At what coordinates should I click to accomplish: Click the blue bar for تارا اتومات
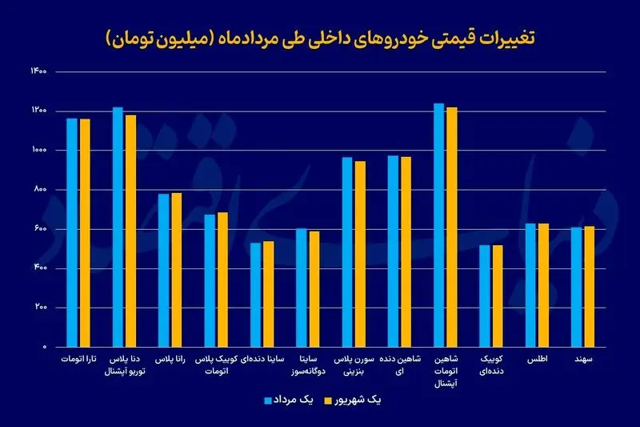72,232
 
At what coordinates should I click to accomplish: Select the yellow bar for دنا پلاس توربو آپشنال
130,231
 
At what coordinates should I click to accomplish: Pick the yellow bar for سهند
589,286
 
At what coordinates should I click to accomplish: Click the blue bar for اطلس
530,284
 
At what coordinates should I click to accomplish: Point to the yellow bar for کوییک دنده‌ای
498,296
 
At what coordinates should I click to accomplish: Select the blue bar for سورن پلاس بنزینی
347,252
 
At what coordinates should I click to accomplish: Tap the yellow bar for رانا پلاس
176,269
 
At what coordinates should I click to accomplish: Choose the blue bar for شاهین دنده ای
393,251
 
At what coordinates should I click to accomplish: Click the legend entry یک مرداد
289,398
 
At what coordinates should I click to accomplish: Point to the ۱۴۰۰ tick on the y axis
39,72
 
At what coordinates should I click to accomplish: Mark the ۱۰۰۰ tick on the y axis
39,151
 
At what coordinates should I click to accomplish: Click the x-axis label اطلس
536,361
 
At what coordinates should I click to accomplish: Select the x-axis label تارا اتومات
78,361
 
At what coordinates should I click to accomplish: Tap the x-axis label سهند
582,361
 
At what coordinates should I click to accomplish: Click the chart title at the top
320,37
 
